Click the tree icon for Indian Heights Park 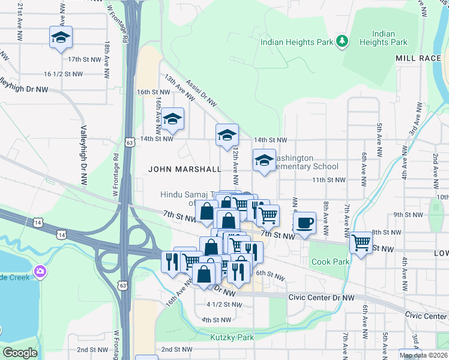tap(342, 41)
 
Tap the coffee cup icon tap(305, 223)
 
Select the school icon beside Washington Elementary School tap(264, 160)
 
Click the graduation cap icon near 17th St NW tap(60, 38)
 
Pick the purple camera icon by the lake tap(40, 271)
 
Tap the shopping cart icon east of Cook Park tap(361, 243)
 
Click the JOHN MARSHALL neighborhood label tap(185, 170)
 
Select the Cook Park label tap(329, 262)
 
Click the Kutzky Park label tap(232, 337)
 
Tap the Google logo tap(20, 353)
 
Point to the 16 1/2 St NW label tap(62, 74)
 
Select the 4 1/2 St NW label tap(224, 305)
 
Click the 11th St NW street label tap(328, 179)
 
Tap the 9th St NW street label tap(407, 214)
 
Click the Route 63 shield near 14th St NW tap(130, 142)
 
